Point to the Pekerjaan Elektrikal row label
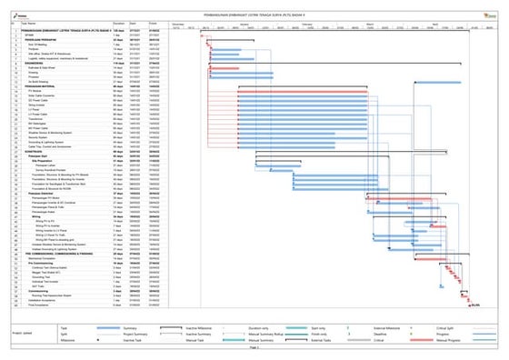(x=43, y=195)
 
